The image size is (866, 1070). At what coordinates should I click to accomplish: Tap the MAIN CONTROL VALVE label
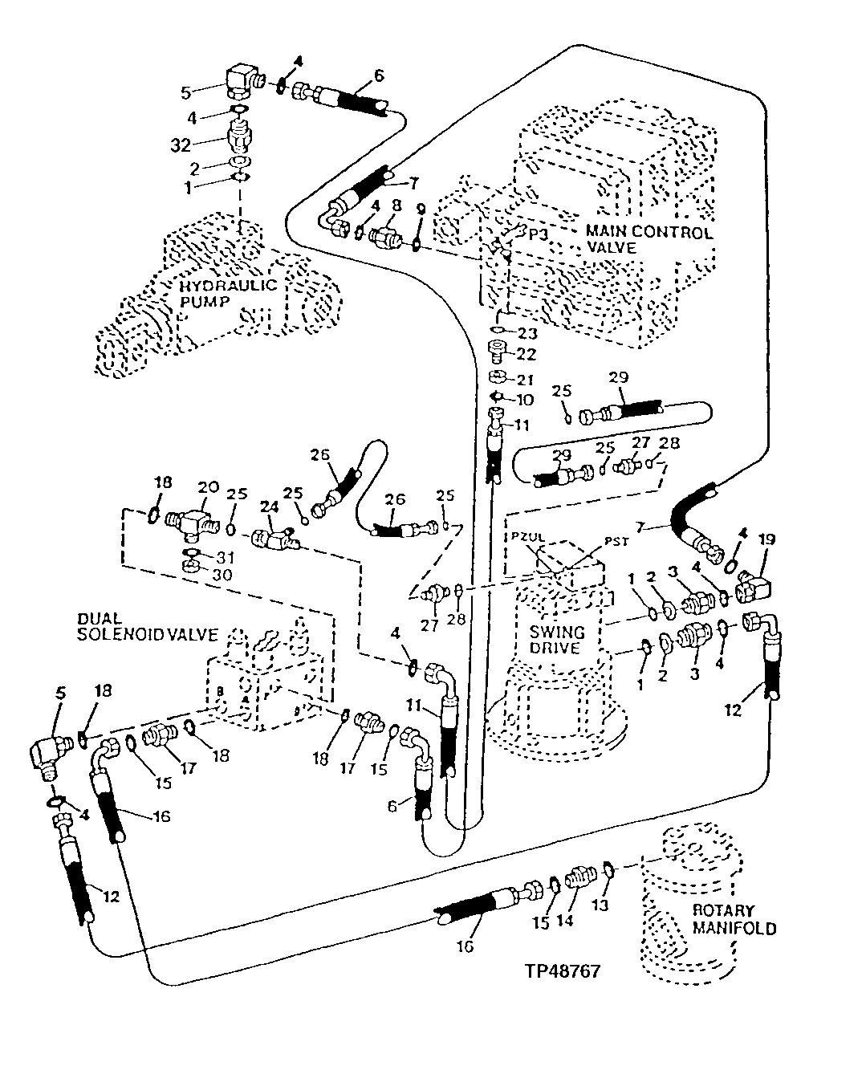click(x=648, y=240)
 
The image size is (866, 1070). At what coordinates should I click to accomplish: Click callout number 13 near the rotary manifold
click(x=600, y=905)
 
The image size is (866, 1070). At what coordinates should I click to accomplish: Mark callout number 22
click(x=527, y=353)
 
